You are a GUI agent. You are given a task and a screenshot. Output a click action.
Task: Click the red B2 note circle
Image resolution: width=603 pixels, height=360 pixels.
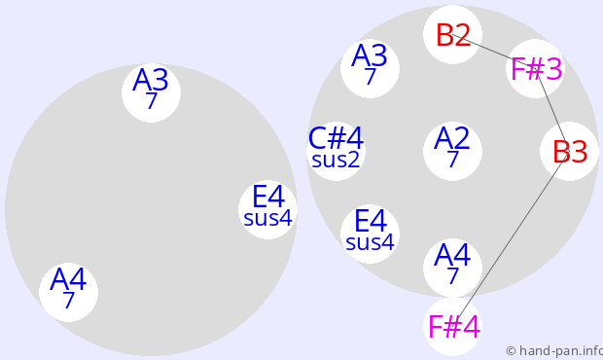pos(452,35)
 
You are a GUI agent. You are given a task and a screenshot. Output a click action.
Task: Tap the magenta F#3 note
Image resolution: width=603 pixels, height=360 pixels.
pos(535,68)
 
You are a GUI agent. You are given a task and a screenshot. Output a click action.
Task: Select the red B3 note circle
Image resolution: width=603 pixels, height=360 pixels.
pos(569,151)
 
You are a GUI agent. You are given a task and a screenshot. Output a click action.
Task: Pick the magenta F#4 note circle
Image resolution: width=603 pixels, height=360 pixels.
pos(452,326)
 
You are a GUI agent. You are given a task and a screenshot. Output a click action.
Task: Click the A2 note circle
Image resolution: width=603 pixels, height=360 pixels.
pos(452,151)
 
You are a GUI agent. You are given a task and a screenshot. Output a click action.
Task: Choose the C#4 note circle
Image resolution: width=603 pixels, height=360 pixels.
pos(336,151)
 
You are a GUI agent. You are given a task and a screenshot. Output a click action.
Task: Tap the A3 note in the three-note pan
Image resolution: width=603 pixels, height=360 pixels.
pos(151,92)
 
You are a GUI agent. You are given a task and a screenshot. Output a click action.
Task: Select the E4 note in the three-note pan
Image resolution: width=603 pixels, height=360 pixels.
pos(267,209)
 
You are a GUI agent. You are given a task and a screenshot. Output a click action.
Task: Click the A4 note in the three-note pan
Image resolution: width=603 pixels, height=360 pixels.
pos(68,292)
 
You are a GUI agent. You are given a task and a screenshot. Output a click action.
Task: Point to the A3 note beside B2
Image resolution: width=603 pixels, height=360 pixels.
pos(370,68)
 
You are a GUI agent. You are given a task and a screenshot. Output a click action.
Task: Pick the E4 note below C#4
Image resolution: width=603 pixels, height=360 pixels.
pos(370,234)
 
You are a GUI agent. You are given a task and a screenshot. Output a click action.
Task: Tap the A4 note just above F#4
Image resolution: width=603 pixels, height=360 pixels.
pos(452,268)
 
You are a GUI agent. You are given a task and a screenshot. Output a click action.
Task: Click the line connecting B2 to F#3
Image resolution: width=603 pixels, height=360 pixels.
pos(494,52)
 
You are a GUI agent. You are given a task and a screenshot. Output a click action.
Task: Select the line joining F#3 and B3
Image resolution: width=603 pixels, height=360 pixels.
pos(552,110)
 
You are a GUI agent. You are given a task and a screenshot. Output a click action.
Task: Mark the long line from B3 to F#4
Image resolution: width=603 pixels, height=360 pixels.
pos(511,238)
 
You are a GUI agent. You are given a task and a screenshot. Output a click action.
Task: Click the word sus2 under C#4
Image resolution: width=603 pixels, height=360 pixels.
pos(336,160)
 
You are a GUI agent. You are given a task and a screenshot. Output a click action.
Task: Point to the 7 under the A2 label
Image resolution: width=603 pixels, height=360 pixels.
pos(453,159)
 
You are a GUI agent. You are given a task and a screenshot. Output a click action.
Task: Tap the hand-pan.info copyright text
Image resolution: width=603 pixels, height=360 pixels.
pos(554,351)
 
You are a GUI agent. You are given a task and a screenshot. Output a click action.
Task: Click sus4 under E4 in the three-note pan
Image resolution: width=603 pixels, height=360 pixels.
pos(268,218)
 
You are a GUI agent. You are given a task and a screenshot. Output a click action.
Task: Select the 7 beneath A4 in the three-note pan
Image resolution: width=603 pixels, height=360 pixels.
pos(68,300)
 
